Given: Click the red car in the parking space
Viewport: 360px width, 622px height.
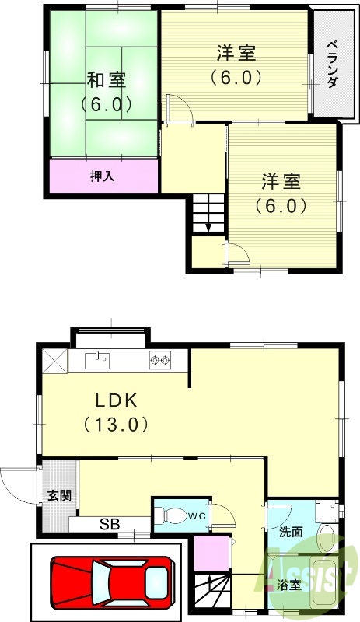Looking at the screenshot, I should coord(110,579).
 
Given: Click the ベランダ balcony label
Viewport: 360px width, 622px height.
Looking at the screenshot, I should coord(332,64).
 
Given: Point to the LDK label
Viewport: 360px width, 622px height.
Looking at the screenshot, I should coord(116,401).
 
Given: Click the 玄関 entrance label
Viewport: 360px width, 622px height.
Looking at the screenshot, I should coord(58,496).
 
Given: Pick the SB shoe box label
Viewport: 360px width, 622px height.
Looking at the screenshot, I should coord(109,525).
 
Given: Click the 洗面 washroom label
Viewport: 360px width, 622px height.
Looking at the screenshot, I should coord(291,533).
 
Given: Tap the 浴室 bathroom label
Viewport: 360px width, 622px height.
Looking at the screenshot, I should coord(289,585).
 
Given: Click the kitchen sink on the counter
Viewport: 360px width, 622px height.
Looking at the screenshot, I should coord(97,360).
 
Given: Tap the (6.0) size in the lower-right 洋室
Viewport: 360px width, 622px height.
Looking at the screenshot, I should coord(281,207).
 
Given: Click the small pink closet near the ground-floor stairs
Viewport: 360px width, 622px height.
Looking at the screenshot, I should coord(208,553).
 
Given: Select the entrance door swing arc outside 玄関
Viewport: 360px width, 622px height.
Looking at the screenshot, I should coord(16,486).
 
